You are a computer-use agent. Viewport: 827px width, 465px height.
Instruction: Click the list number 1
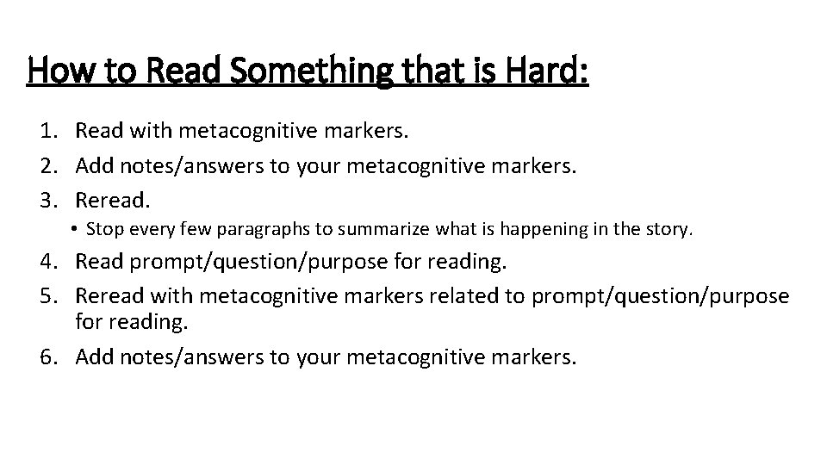click(47, 131)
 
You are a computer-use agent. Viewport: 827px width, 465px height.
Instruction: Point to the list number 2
click(47, 165)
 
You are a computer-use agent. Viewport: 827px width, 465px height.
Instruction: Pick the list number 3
click(47, 201)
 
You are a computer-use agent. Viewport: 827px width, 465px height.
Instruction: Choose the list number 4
click(47, 260)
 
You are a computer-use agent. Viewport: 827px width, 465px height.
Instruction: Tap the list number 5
click(47, 295)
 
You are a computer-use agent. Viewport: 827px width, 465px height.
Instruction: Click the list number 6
click(47, 356)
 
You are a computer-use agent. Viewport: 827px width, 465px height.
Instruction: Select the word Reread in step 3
click(112, 201)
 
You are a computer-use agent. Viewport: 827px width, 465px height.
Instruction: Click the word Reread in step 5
click(109, 295)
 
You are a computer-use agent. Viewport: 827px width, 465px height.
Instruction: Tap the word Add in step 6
click(94, 356)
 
